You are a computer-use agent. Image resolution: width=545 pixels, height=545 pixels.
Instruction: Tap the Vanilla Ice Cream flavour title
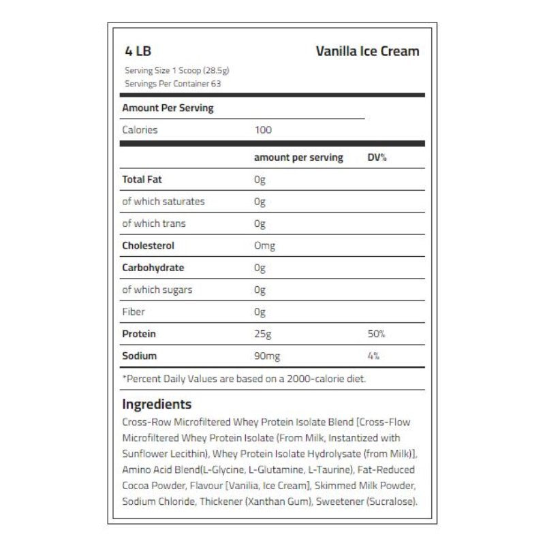pos(367,52)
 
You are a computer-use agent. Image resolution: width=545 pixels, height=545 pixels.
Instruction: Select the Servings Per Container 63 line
pos(173,84)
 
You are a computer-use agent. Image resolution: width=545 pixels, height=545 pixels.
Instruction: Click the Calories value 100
pos(262,129)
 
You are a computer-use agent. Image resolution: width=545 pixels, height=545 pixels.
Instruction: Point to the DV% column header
pos(377,157)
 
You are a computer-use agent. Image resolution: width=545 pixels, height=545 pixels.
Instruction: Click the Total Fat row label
pos(142,180)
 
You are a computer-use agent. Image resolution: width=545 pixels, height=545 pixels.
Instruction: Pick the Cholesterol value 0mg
pos(264,246)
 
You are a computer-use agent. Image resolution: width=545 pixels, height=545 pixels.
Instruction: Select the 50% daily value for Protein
pos(376,334)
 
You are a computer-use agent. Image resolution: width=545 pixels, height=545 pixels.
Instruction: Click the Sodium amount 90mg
pos(266,356)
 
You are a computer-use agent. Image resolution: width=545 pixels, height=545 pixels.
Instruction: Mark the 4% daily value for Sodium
pos(373,356)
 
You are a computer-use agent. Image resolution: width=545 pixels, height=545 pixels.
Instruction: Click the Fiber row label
pos(134,312)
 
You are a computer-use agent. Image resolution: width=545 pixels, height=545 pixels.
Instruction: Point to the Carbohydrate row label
pos(153,268)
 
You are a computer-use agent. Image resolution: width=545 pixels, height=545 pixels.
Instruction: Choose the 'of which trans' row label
pos(153,223)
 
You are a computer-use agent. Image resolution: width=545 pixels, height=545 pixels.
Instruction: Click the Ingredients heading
pos(157,404)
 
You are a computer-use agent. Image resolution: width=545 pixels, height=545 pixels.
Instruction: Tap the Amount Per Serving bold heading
pos(168,108)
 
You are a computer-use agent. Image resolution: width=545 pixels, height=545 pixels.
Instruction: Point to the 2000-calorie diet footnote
pos(243,378)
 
